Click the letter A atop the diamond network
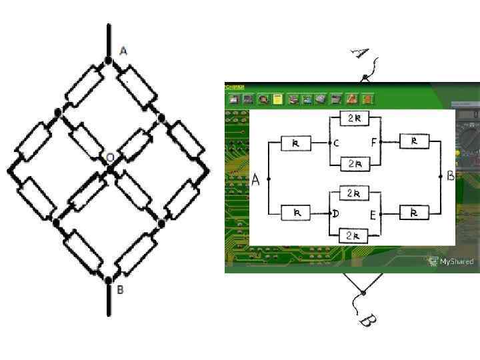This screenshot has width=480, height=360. coord(123,51)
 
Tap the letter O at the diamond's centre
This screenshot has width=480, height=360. coord(111,157)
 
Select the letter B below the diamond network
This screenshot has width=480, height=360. coord(121,290)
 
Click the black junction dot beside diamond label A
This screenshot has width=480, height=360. coord(108,61)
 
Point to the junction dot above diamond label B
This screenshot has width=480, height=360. coord(108,280)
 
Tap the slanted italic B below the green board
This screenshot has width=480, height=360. coord(366,321)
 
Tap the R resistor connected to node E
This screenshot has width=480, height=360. coord(414,213)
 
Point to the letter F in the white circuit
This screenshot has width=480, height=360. coord(375,143)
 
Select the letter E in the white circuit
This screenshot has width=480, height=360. coord(375,213)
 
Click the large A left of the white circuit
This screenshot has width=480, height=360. coord(256,179)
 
